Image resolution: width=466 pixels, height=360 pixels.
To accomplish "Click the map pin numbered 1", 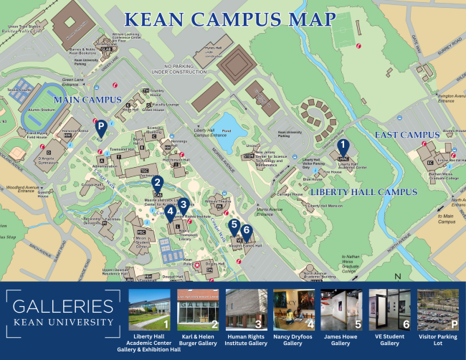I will pyautogui.click(x=343, y=147).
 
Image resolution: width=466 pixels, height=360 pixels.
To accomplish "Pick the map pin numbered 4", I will pyautogui.click(x=170, y=212).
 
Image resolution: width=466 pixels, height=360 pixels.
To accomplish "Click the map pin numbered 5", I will pyautogui.click(x=234, y=225).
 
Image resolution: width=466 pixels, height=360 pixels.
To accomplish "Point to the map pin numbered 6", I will pyautogui.click(x=247, y=231).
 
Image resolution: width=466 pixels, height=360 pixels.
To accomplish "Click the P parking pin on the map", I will pyautogui.click(x=102, y=129).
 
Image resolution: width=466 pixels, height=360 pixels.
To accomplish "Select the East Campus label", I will pyautogui.click(x=406, y=135).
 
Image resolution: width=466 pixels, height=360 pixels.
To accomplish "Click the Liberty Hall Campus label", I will pyautogui.click(x=363, y=192).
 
